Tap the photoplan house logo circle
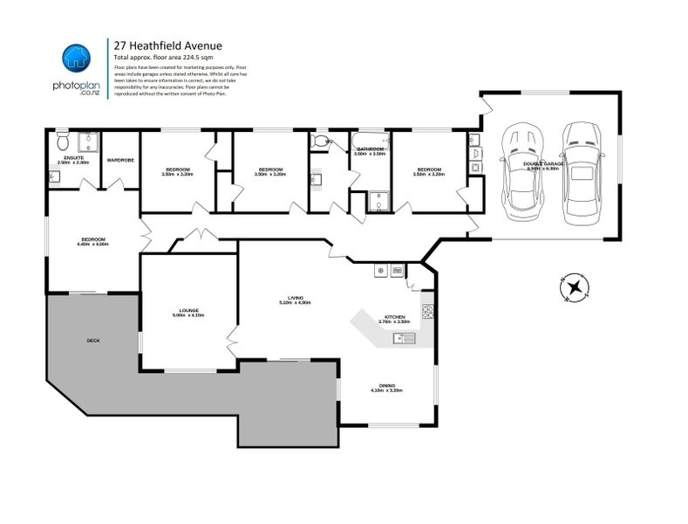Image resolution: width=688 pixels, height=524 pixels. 75,59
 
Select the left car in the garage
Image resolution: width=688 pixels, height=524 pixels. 521,171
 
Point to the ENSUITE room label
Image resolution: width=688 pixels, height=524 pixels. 73,157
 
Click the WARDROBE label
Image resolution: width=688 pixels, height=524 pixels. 119,160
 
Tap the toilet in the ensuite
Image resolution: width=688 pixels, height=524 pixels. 60,141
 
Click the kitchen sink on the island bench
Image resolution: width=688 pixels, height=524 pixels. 403,339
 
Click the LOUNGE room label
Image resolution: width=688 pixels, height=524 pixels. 189,310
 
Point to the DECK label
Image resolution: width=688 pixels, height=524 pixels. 92,340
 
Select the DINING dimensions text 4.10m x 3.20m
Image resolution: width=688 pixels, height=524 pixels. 387,391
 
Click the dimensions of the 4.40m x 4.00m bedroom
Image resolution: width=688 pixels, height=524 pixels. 93,245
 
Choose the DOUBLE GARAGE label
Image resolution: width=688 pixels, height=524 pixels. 542,162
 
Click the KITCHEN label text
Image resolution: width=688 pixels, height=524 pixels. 394,316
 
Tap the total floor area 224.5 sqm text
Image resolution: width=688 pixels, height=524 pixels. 163,56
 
